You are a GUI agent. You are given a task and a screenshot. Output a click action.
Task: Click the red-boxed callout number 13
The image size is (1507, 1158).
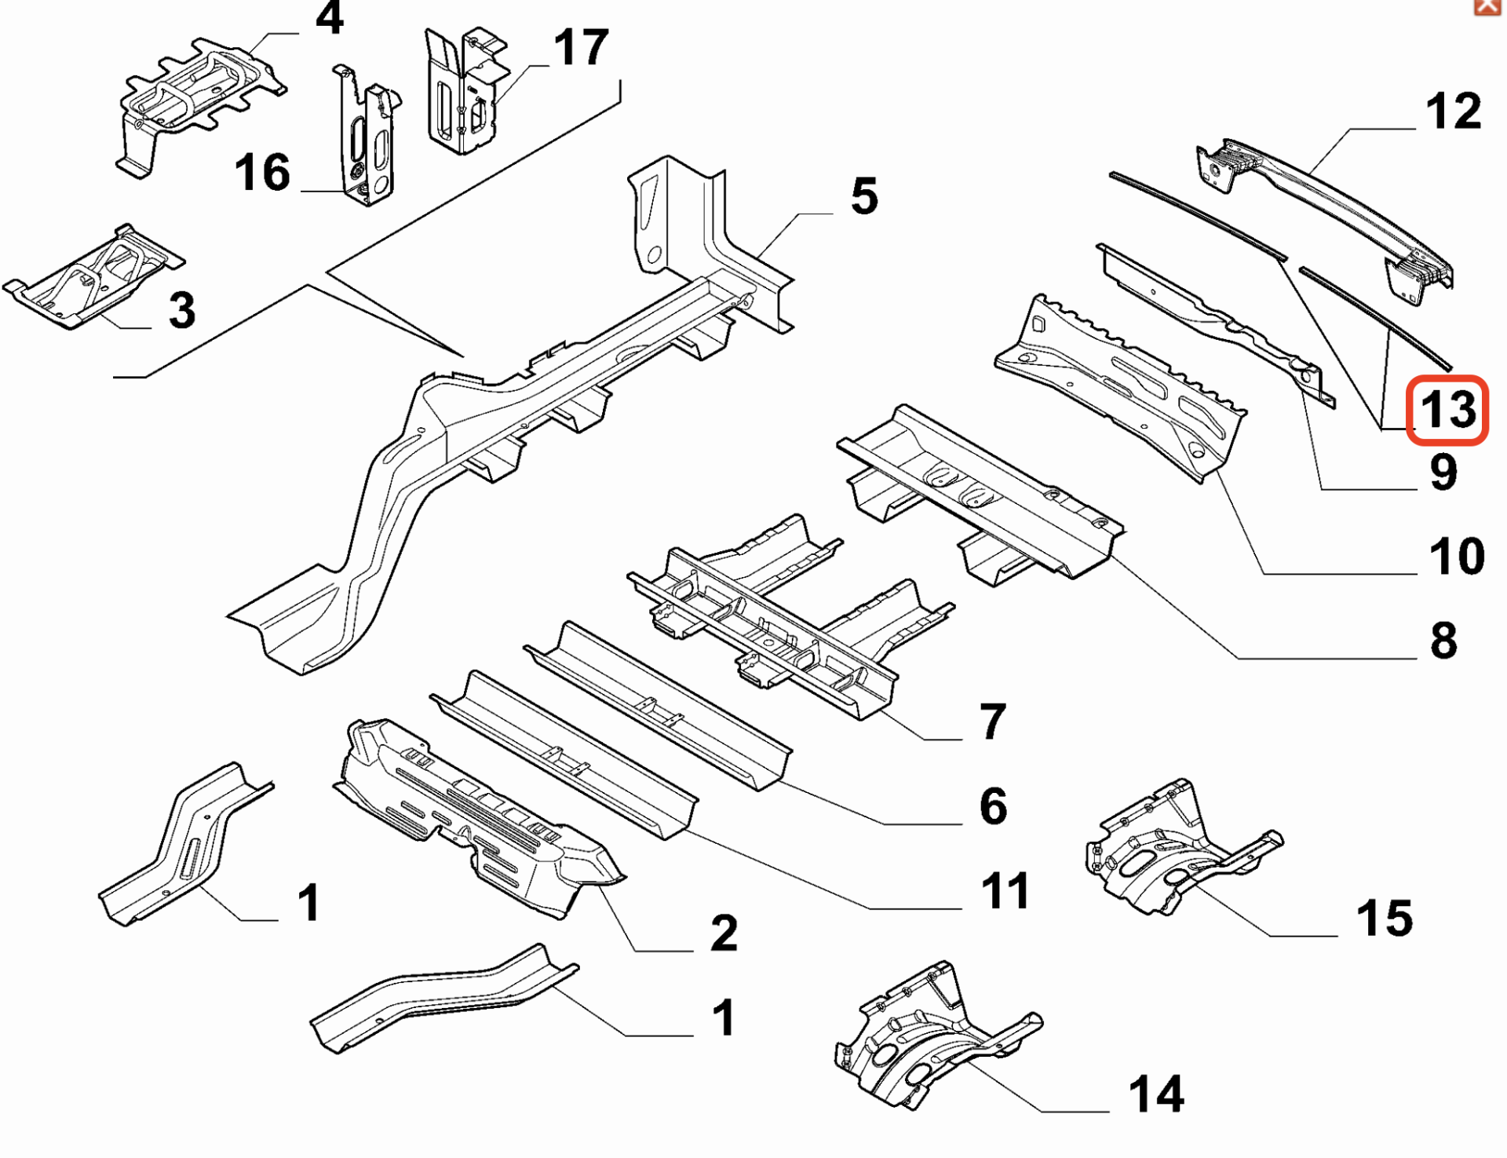(x=1447, y=410)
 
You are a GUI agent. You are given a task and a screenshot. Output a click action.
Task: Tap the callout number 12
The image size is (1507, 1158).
(x=1454, y=111)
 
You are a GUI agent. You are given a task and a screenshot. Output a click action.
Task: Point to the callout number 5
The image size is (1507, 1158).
(x=864, y=196)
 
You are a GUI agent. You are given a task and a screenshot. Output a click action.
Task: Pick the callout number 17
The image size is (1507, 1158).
(x=581, y=47)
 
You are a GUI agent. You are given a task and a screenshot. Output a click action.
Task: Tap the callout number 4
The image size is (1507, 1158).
(x=330, y=17)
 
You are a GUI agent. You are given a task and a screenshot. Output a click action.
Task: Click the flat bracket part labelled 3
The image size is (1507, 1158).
(x=94, y=276)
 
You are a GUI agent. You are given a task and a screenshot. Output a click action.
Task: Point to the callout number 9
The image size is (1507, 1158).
(x=1443, y=473)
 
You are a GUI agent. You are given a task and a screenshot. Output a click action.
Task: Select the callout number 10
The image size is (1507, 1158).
(x=1457, y=557)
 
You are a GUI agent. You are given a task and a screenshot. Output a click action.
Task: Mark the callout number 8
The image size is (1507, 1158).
(x=1443, y=641)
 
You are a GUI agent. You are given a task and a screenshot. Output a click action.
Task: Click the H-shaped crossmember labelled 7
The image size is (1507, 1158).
(x=791, y=617)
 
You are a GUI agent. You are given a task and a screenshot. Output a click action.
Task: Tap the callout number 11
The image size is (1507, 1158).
(x=1005, y=891)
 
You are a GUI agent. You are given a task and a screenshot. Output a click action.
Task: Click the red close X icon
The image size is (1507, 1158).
(x=1486, y=7)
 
